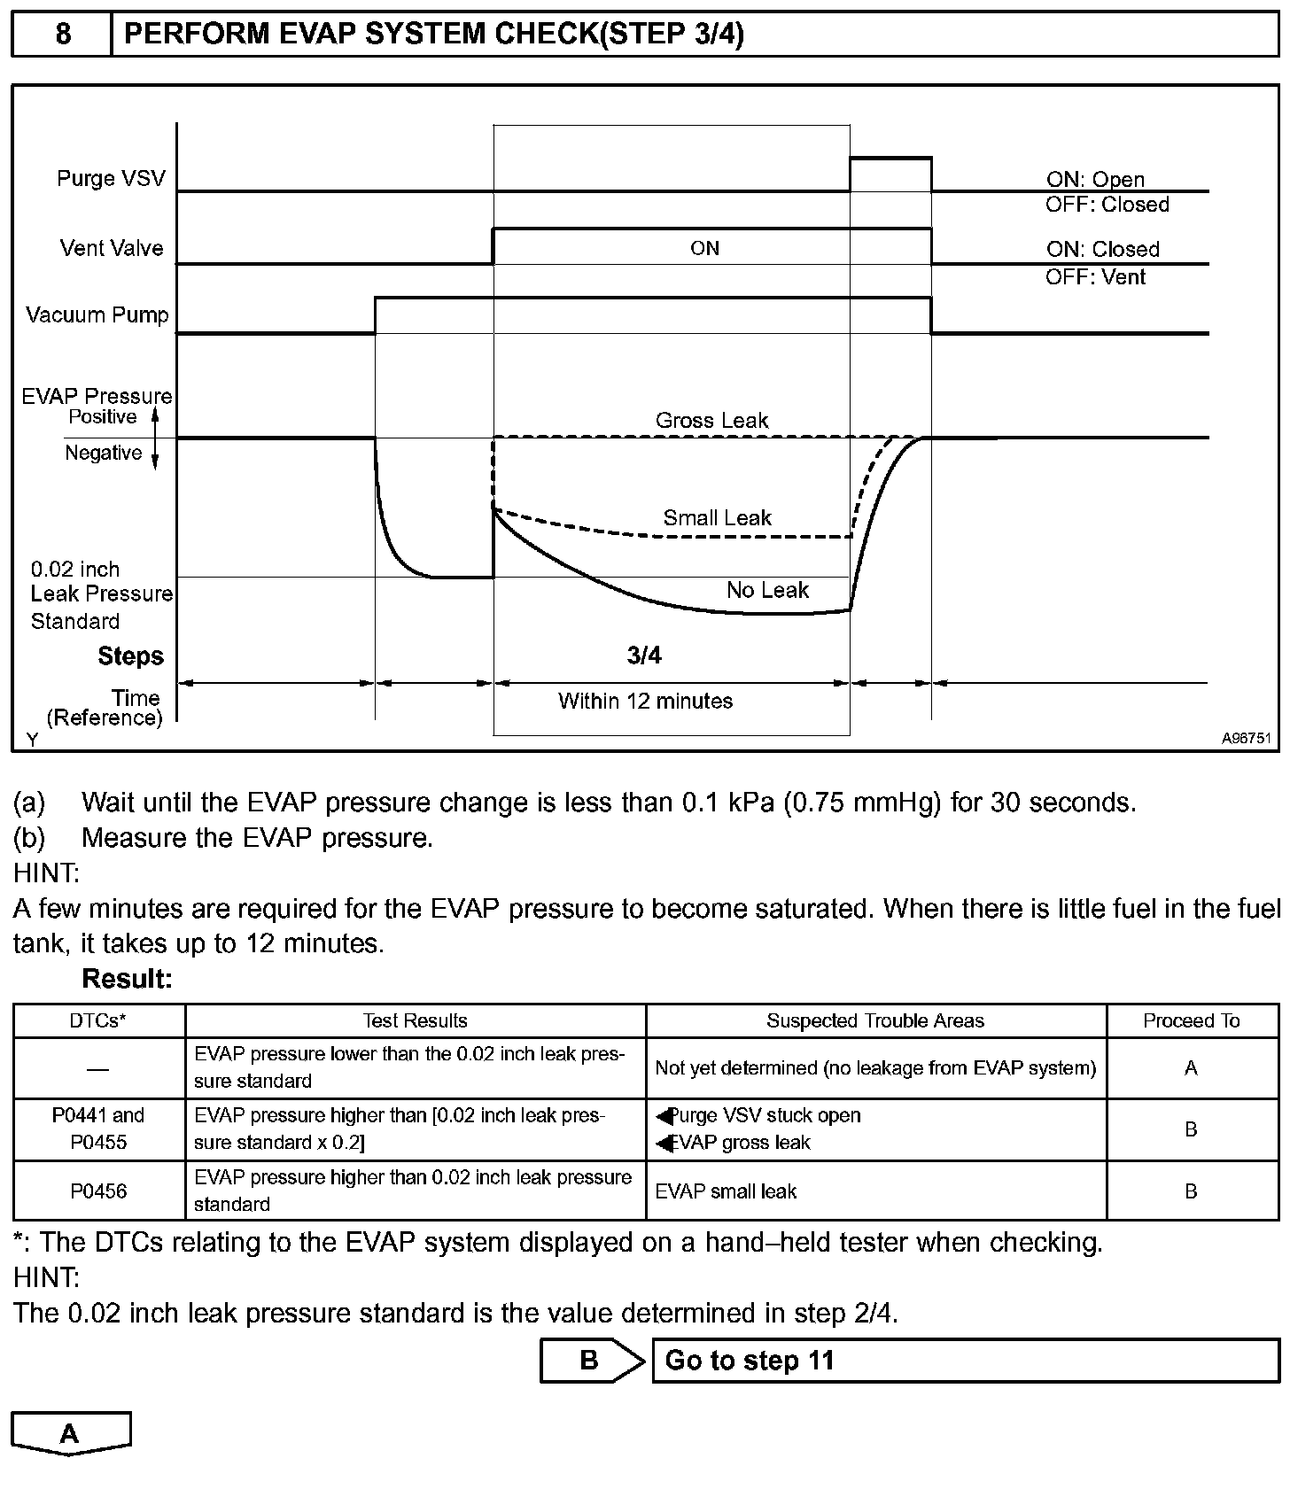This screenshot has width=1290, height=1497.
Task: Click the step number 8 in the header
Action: pos(63,34)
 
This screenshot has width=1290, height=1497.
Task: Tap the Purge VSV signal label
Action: pos(111,178)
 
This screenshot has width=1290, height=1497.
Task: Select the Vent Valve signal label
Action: pos(112,248)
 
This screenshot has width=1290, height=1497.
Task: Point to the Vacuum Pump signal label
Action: pos(97,315)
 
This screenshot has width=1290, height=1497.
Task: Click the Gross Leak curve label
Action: pos(711,420)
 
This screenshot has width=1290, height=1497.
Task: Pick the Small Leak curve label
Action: pos(717,517)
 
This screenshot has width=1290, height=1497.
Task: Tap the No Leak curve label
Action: pos(767,590)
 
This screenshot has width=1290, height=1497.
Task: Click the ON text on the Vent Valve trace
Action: pos(704,248)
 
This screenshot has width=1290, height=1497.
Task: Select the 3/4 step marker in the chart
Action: pos(644,655)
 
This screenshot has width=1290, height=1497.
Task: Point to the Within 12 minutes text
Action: pos(645,701)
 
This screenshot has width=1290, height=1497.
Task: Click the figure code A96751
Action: pos(1246,738)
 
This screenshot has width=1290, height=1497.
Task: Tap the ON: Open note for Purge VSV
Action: pos(1095,179)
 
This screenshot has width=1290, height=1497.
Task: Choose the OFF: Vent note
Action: pos(1095,277)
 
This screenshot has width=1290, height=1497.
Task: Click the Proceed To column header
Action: pos(1191,1020)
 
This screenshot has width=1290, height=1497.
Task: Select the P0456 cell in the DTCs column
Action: pos(98,1191)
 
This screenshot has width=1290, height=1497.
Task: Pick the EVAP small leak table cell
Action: pos(726,1191)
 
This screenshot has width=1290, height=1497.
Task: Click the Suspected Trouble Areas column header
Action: pos(874,1020)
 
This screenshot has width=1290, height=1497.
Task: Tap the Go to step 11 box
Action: pos(965,1361)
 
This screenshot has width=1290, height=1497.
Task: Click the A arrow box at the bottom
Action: pos(70,1433)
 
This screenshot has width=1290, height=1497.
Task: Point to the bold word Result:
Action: pos(127,979)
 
